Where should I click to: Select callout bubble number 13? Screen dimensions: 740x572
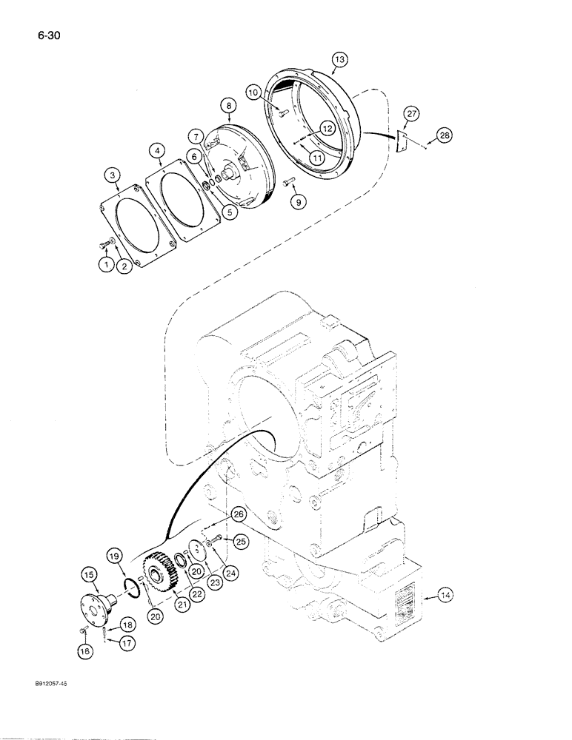point(339,58)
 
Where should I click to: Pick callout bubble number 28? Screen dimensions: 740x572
point(443,135)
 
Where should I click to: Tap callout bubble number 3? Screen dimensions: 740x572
point(111,175)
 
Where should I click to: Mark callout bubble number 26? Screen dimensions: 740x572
point(237,514)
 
